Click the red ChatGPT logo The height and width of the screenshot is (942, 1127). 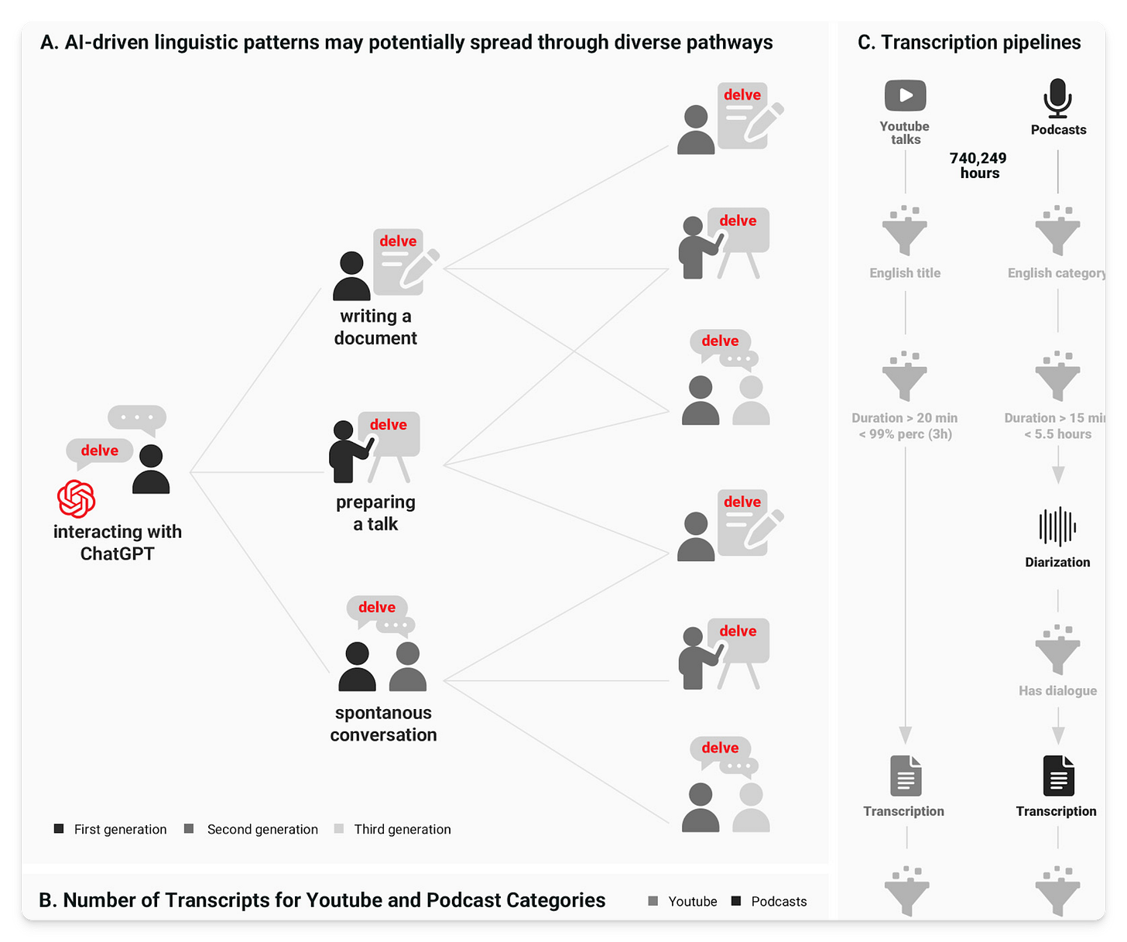click(77, 498)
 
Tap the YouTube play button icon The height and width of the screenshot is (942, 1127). click(905, 96)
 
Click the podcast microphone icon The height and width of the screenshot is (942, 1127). click(1057, 98)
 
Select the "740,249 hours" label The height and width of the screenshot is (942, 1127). click(978, 166)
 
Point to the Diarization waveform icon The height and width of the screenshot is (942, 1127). click(1057, 527)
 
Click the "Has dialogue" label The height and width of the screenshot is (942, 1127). click(1057, 690)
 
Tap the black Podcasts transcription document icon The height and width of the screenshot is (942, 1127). click(1058, 776)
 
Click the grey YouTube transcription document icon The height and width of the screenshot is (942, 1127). click(905, 776)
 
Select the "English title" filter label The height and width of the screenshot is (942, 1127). click(905, 273)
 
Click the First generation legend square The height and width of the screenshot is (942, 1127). click(59, 829)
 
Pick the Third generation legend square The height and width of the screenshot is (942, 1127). click(339, 829)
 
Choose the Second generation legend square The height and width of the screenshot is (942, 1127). click(189, 829)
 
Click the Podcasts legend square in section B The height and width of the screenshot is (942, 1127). click(736, 901)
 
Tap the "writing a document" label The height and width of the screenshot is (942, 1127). click(375, 327)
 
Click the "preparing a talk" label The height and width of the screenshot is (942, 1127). click(375, 513)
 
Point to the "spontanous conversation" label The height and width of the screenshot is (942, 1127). click(383, 724)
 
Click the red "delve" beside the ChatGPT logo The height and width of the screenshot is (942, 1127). click(100, 450)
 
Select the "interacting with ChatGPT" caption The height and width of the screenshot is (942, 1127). click(118, 543)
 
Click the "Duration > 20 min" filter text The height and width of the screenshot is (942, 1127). click(905, 418)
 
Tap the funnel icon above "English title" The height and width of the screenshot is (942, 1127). click(905, 231)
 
